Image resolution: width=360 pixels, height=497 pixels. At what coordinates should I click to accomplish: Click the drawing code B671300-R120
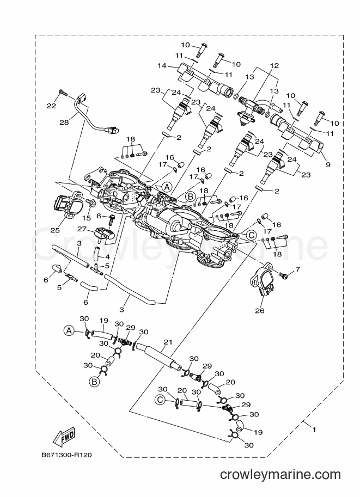[66, 455]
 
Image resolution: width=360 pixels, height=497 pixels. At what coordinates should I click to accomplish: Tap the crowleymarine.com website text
[280, 475]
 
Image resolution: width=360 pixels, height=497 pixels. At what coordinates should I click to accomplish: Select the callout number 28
[64, 122]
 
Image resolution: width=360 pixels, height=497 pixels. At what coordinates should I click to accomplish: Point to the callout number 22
[51, 106]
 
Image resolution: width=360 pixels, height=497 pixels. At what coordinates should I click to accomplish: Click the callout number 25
[55, 230]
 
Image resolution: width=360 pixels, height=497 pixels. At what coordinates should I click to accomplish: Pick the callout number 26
[260, 311]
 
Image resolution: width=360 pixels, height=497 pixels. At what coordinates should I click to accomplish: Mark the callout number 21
[168, 342]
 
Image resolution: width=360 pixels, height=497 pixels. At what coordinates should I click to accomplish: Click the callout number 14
[162, 66]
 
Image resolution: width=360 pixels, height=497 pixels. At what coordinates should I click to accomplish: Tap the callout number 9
[328, 164]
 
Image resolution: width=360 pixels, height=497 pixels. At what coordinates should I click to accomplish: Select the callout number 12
[274, 66]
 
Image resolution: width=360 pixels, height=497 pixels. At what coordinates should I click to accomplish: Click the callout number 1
[314, 429]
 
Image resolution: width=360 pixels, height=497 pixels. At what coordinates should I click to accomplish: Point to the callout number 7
[297, 269]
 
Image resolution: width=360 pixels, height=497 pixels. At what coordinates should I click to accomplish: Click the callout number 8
[99, 216]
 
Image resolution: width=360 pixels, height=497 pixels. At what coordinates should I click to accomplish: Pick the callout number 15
[86, 218]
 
